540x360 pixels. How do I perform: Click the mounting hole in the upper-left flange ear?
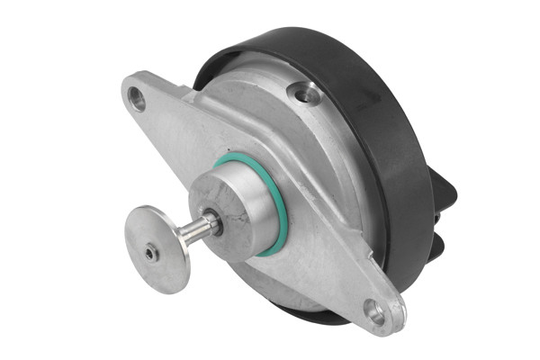point(137,97)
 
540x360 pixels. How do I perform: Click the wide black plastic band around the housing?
point(396,153)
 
